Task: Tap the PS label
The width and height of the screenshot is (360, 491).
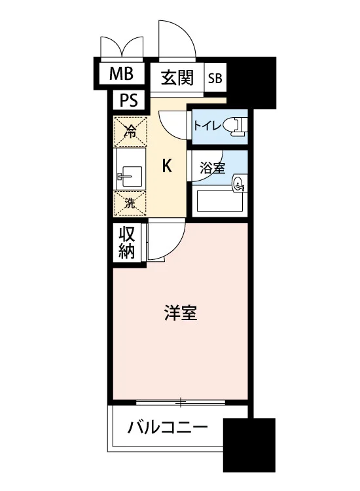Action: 129,101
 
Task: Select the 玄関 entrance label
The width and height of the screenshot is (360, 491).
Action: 177,78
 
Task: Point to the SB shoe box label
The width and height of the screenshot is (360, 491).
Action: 215,78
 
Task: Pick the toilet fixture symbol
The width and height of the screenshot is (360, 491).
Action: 238,126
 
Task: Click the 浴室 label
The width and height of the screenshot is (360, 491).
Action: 213,168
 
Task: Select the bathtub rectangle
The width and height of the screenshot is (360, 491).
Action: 219,199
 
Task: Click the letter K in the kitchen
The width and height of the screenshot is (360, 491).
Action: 167,166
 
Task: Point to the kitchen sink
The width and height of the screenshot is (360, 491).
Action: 130,177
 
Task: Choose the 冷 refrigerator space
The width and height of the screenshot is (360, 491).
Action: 130,132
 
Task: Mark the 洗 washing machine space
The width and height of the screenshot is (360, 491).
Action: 130,204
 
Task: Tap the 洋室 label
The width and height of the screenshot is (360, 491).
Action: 181,313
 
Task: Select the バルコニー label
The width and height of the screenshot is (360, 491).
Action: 168,427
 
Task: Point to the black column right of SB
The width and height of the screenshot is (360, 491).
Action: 252,82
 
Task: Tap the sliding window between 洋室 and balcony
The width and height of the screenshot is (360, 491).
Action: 181,403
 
